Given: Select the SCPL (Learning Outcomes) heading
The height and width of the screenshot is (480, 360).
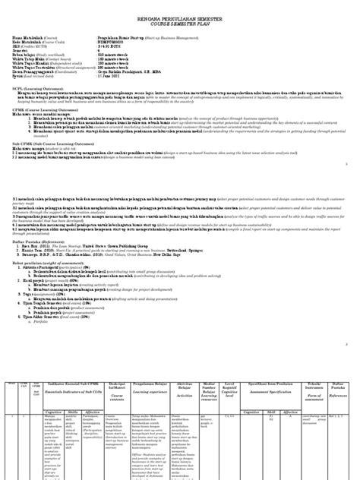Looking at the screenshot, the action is tap(35, 89).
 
